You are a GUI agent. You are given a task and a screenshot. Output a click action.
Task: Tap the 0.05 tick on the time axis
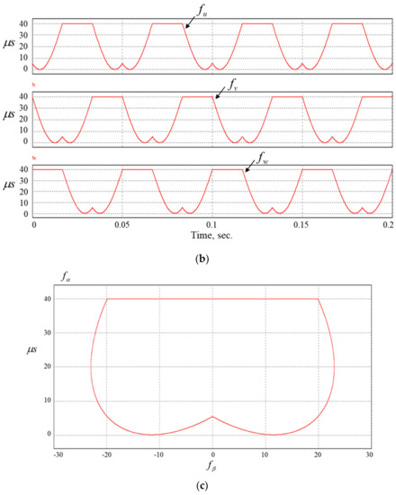[x=122, y=221]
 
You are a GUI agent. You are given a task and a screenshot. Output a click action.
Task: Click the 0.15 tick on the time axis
[x=302, y=221]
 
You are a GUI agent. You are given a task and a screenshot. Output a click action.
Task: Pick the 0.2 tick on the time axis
[x=388, y=221]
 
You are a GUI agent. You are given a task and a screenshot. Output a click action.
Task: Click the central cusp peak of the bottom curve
[x=212, y=417]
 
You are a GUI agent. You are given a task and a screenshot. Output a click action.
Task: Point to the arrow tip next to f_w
[x=246, y=172]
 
